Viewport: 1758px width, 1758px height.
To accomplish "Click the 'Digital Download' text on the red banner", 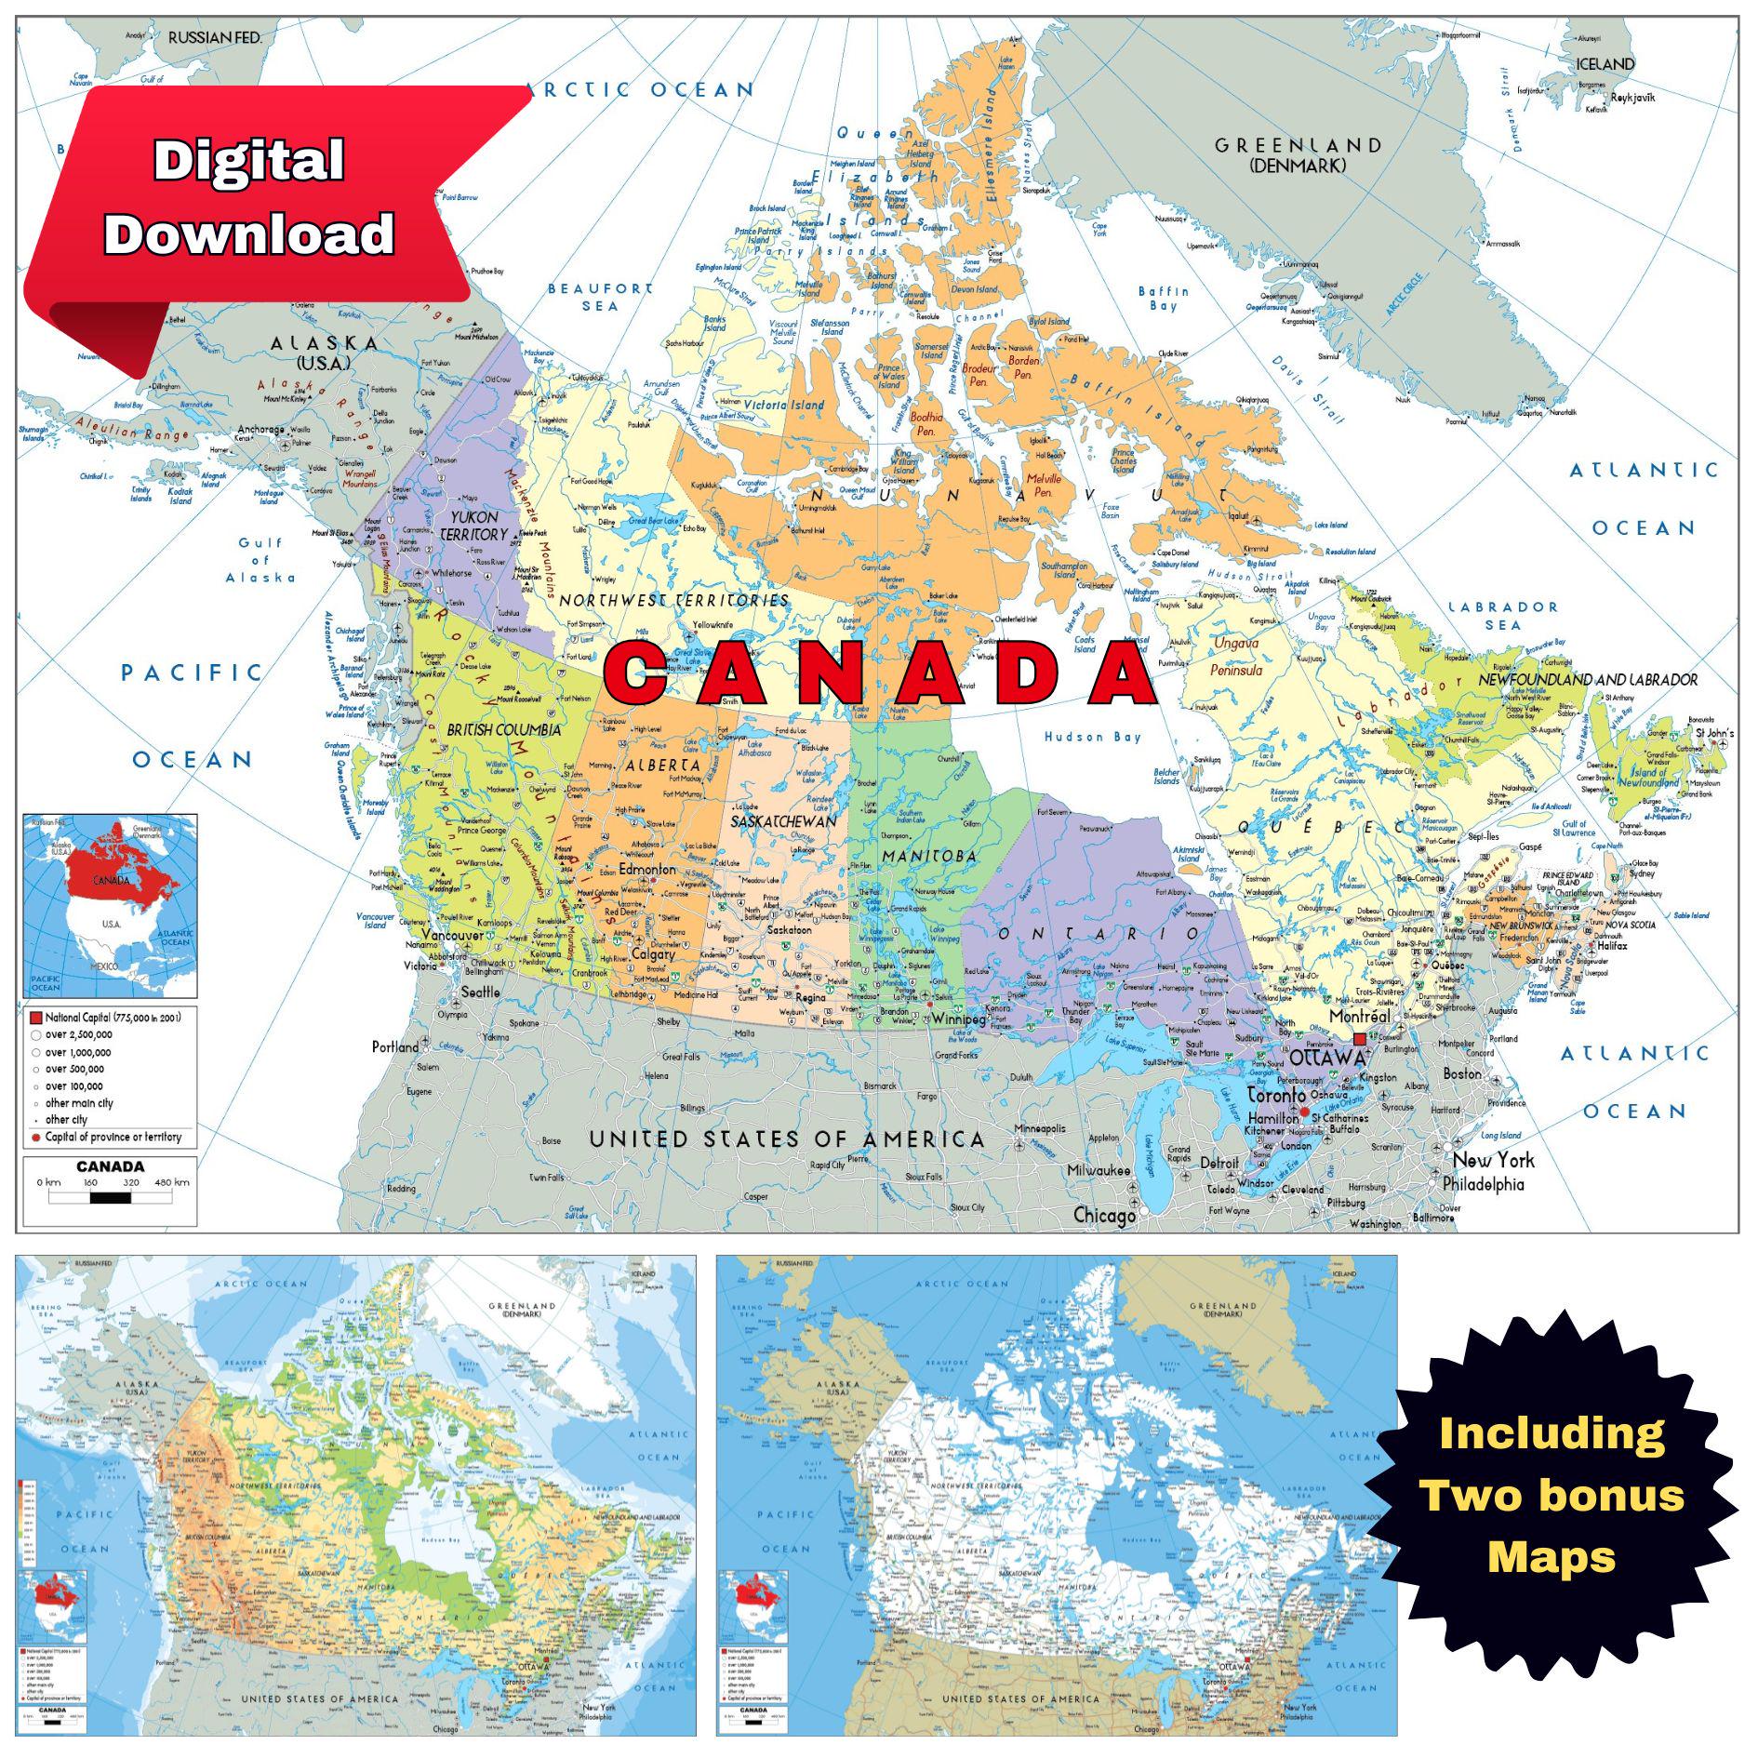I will click(x=249, y=197).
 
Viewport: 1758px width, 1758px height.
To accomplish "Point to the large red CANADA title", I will click(x=879, y=673).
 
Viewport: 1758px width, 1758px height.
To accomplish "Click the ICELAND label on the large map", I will click(x=1605, y=64).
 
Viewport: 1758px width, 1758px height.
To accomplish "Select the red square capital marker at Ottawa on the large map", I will click(x=1360, y=1039).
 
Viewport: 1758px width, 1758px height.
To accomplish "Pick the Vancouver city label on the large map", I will click(x=452, y=935).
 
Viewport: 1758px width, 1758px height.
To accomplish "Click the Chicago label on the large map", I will click(x=1104, y=1215).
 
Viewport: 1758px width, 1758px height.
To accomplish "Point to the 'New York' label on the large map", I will click(x=1493, y=1160).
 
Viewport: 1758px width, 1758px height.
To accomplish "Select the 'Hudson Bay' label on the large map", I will click(x=1092, y=737).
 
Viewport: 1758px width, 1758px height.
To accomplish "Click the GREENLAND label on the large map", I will click(x=1298, y=146).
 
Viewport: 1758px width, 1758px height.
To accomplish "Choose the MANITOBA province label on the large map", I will click(x=929, y=856).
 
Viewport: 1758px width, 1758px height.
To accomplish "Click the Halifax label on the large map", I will click(x=1611, y=945).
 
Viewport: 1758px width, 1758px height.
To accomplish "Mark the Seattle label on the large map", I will click(x=480, y=992).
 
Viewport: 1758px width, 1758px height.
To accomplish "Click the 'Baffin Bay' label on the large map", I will click(x=1163, y=299).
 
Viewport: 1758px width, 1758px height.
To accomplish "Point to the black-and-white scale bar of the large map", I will click(x=110, y=1197).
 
